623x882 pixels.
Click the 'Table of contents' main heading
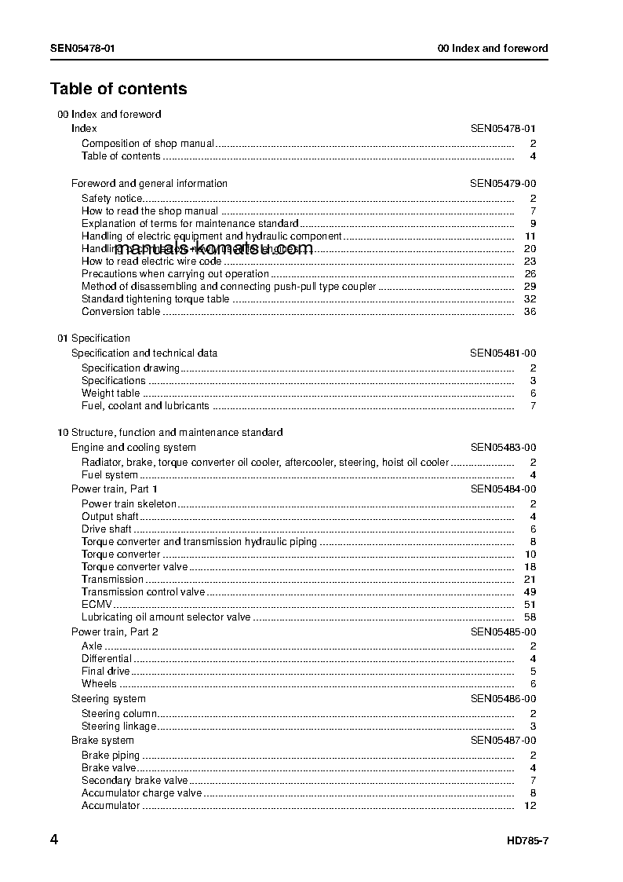[118, 89]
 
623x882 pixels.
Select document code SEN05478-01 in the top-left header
[82, 48]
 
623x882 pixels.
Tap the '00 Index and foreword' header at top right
[492, 48]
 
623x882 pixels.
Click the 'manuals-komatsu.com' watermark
[213, 249]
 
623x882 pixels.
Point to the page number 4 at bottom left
[54, 840]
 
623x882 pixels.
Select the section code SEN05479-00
[503, 184]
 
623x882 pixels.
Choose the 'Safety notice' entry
[111, 199]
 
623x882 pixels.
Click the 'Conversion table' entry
[121, 312]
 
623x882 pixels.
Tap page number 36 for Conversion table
[530, 312]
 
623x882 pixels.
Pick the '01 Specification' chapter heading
[93, 339]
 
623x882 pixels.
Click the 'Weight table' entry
[111, 393]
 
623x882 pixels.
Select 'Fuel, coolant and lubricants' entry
[145, 406]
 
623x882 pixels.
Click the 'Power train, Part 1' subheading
[115, 489]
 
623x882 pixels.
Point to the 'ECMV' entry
[97, 605]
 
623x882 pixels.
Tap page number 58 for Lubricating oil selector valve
[530, 617]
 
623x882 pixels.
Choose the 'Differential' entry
[107, 659]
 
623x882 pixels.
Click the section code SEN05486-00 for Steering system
[503, 699]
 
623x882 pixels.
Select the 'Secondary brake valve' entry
[135, 781]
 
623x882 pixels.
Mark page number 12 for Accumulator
[530, 806]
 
